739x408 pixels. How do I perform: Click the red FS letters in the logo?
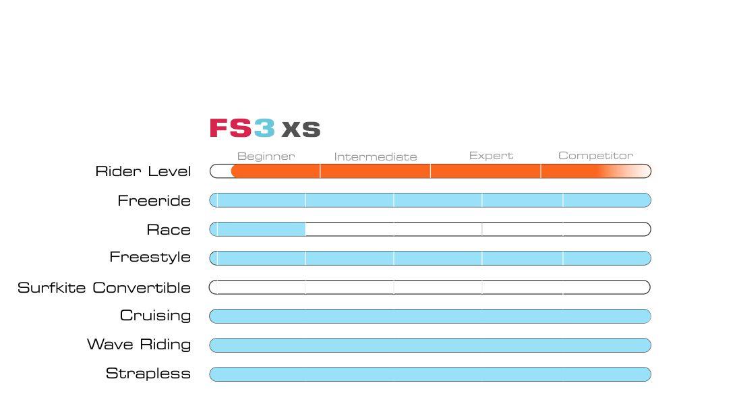[231, 128]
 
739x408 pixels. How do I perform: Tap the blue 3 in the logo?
[264, 128]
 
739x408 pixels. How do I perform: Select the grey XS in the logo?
[301, 129]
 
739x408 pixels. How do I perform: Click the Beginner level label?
[266, 156]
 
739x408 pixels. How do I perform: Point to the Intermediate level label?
[376, 157]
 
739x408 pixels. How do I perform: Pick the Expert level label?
[491, 156]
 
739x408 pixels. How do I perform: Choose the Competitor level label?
[595, 156]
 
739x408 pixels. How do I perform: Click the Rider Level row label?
[143, 171]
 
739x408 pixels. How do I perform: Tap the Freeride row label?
[154, 200]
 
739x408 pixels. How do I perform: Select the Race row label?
[169, 230]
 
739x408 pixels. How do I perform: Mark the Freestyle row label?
[150, 258]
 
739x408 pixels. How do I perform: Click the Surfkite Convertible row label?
[104, 288]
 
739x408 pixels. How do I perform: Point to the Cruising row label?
[155, 316]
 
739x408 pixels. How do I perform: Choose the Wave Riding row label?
[139, 345]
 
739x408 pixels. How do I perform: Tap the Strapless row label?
[148, 374]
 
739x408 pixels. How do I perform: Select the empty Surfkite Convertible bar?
[430, 287]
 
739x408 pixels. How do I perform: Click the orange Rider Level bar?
[418, 171]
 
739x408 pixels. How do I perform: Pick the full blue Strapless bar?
[430, 374]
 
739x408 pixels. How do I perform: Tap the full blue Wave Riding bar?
[430, 345]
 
